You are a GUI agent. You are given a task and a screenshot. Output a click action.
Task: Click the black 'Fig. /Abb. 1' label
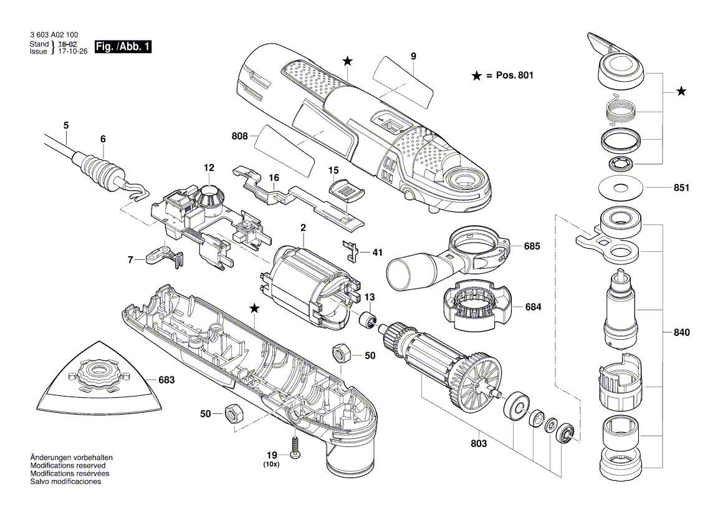pyautogui.click(x=122, y=47)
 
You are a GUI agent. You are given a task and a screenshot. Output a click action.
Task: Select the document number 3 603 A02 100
pyautogui.click(x=54, y=37)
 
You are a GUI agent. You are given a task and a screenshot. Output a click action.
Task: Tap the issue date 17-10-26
pyautogui.click(x=69, y=52)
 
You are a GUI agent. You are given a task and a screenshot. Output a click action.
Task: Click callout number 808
pyautogui.click(x=239, y=136)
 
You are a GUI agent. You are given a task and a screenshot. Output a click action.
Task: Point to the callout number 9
pyautogui.click(x=413, y=57)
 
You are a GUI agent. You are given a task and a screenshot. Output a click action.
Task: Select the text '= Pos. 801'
pyautogui.click(x=509, y=75)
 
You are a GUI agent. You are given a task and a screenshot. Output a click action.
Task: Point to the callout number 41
pyautogui.click(x=377, y=253)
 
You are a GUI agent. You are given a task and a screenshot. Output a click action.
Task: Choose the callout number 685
pyautogui.click(x=532, y=246)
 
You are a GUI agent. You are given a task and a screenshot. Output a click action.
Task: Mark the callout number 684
pyautogui.click(x=533, y=307)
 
